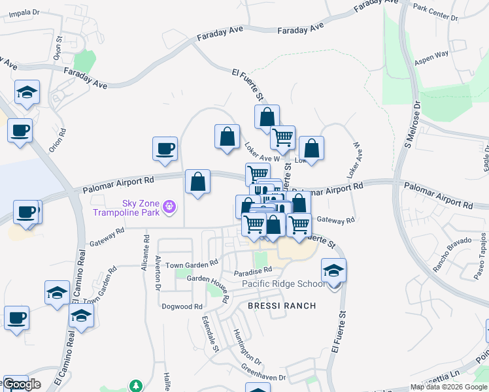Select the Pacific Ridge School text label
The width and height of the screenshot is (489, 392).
pos(283,284)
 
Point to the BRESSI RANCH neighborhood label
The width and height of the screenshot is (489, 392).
pos(282,305)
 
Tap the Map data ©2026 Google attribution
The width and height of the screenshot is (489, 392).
pos(448,387)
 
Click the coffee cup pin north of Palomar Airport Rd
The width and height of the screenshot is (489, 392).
pos(164,148)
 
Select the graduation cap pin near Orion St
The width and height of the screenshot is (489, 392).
pos(27,92)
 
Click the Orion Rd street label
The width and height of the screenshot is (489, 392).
pos(62,137)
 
